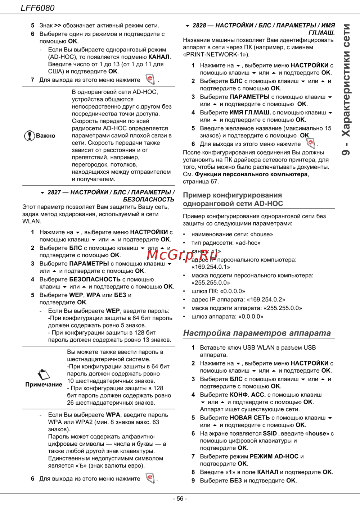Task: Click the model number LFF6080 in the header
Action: [x=37, y=8]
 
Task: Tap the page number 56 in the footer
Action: [x=180, y=499]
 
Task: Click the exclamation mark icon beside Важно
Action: [x=29, y=136]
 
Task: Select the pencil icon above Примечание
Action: [x=44, y=374]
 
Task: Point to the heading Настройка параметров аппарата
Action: [x=257, y=333]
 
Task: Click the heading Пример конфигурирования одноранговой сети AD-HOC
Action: [x=233, y=199]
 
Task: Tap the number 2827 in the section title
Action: [x=54, y=192]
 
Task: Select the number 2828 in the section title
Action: [x=199, y=26]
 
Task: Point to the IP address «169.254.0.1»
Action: [x=211, y=267]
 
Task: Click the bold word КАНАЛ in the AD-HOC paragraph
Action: [x=159, y=57]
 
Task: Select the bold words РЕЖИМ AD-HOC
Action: [x=274, y=456]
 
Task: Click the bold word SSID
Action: [x=270, y=433]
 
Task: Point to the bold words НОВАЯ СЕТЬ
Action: [x=250, y=418]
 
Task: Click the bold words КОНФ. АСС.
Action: [x=248, y=395]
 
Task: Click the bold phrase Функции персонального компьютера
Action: [x=251, y=174]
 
